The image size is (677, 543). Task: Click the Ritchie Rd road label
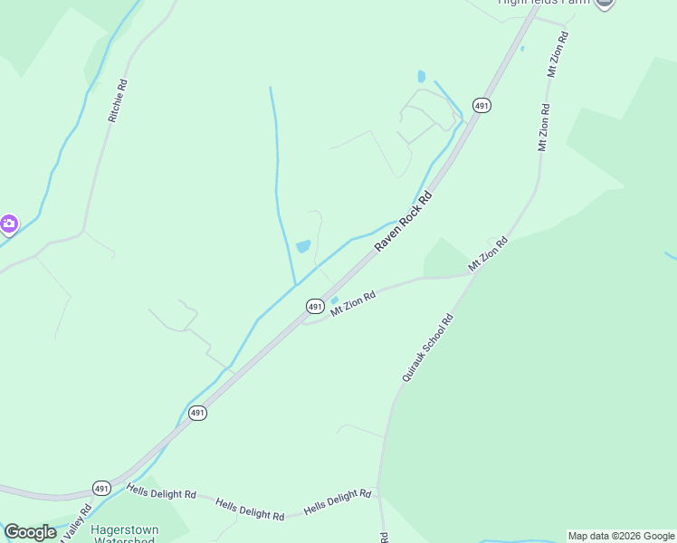tap(118, 101)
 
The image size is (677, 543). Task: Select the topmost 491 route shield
tap(481, 106)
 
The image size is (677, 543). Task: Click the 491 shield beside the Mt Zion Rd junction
tap(314, 307)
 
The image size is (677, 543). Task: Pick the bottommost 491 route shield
tap(102, 488)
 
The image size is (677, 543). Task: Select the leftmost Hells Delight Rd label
tap(161, 492)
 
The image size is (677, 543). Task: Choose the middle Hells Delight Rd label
tap(250, 509)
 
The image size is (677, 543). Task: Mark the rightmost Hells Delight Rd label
tap(338, 501)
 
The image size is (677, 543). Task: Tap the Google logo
tap(30, 532)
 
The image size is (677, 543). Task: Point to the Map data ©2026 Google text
tap(621, 536)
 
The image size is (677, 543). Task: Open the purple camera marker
tap(8, 224)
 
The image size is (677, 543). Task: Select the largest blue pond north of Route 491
tap(303, 246)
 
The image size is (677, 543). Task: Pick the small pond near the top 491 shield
tap(421, 77)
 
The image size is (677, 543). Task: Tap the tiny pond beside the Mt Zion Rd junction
tap(334, 300)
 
